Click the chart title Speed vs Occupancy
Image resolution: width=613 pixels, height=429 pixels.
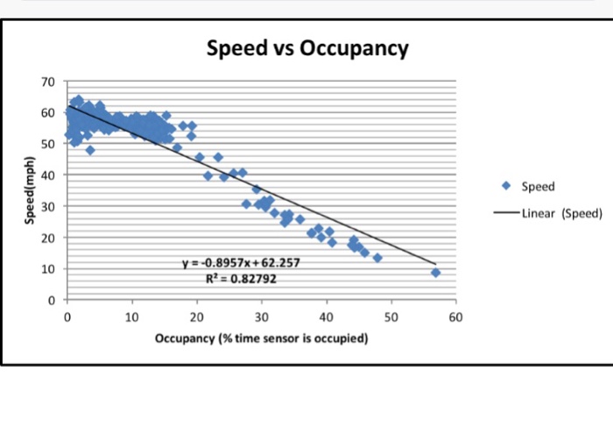pos(307,47)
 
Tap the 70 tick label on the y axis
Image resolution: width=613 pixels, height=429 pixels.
pos(49,82)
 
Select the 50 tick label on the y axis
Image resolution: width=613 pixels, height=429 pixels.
pos(49,144)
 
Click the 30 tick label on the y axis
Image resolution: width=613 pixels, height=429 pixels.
pos(49,206)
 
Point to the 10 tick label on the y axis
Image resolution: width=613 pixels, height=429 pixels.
pos(49,268)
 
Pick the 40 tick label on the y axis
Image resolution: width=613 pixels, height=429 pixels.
pos(49,175)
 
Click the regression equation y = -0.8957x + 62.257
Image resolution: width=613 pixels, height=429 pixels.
pos(243,262)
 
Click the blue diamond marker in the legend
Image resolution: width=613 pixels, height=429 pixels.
pos(508,186)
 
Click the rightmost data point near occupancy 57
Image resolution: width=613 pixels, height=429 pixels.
pos(435,273)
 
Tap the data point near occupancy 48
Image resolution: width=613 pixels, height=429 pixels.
pos(377,258)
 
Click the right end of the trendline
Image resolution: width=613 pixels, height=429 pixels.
pos(435,263)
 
